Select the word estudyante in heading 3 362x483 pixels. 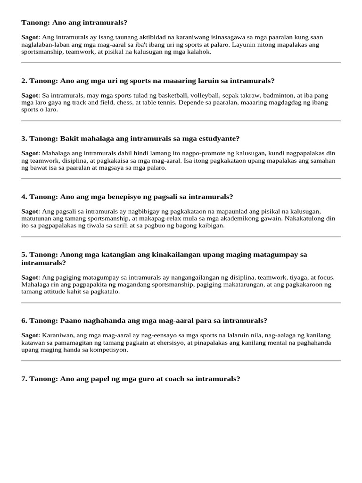coord(218,139)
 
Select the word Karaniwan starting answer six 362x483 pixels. coord(58,335)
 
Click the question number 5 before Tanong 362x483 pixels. coord(24,255)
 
